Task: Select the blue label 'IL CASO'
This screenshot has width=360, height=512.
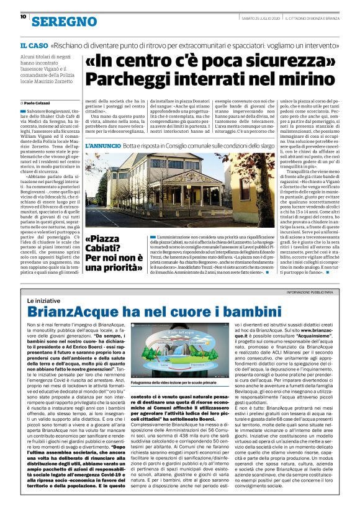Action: point(34,47)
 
